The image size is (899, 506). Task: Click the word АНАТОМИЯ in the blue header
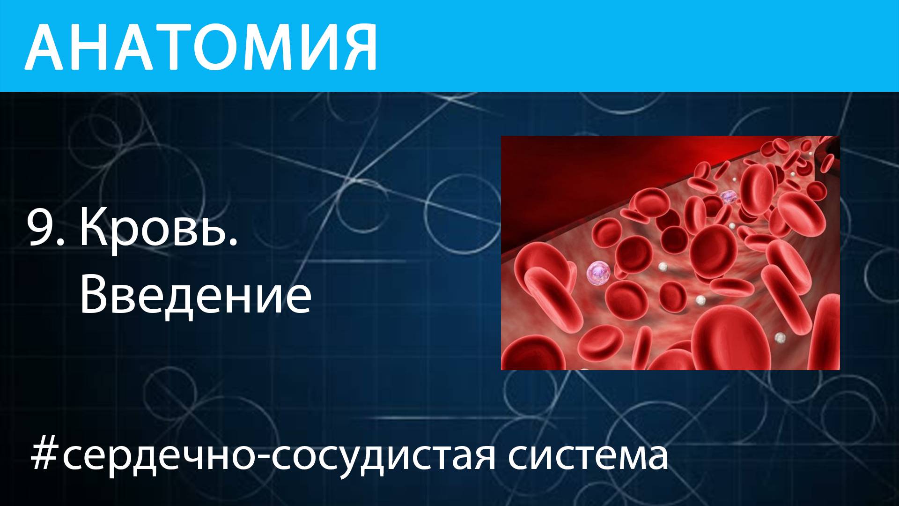(201, 47)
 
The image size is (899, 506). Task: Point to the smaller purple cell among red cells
(727, 197)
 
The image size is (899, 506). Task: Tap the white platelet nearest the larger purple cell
(663, 266)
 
